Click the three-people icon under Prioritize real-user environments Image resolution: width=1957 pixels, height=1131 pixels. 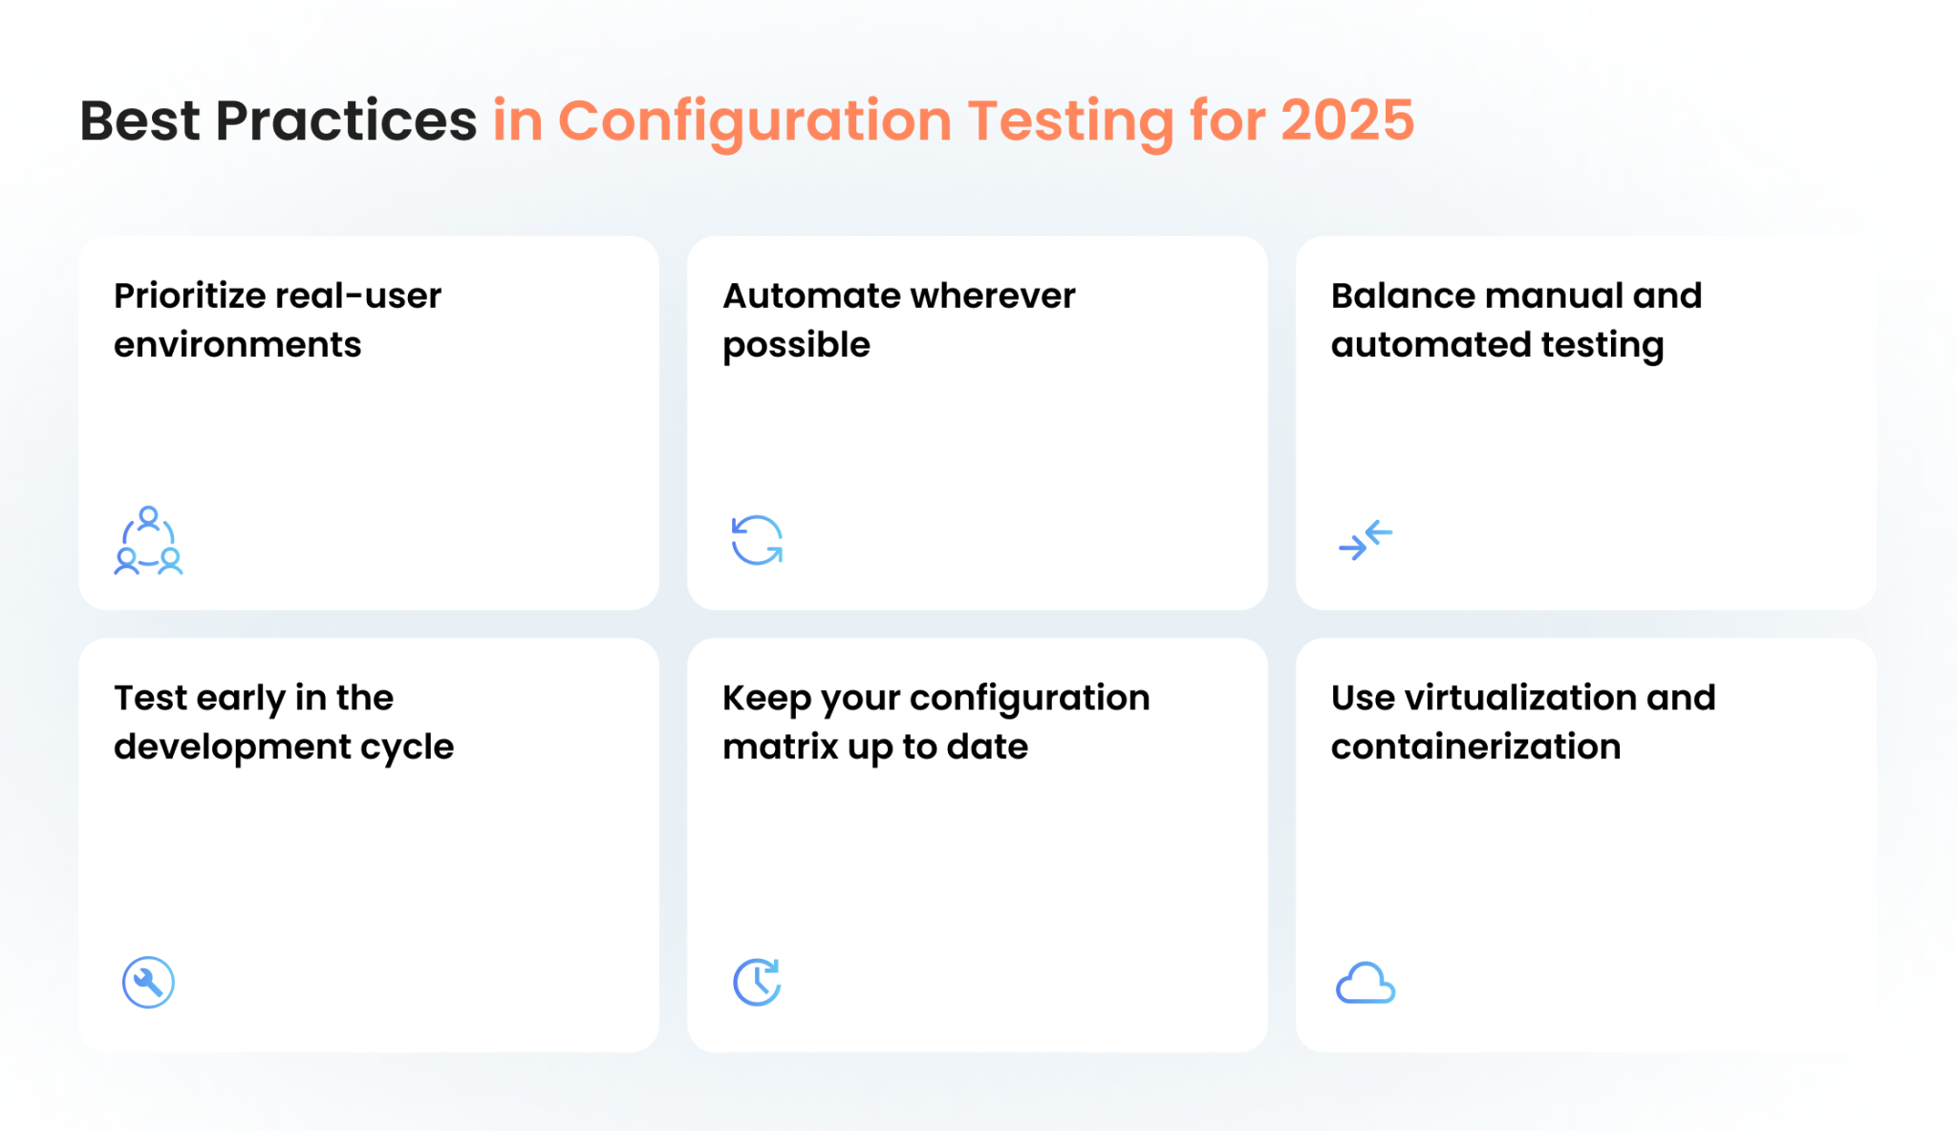click(x=148, y=541)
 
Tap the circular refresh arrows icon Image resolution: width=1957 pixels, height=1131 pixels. click(x=757, y=540)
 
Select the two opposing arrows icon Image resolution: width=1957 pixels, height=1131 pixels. click(x=1366, y=540)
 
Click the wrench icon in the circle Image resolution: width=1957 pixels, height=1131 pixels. click(x=148, y=982)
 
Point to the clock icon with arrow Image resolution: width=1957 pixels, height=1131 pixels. click(x=757, y=982)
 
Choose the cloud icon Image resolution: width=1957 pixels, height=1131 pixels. click(x=1366, y=983)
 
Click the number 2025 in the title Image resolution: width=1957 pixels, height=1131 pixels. click(x=1346, y=121)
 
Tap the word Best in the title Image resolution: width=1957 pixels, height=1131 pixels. click(x=140, y=121)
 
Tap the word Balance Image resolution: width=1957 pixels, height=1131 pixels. click(x=1394, y=296)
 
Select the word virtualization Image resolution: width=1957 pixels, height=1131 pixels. click(x=1520, y=698)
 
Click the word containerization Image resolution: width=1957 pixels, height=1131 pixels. click(x=1475, y=747)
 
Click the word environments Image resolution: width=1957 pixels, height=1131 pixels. click(x=237, y=345)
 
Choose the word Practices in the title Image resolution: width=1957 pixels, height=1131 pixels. click(x=346, y=121)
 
